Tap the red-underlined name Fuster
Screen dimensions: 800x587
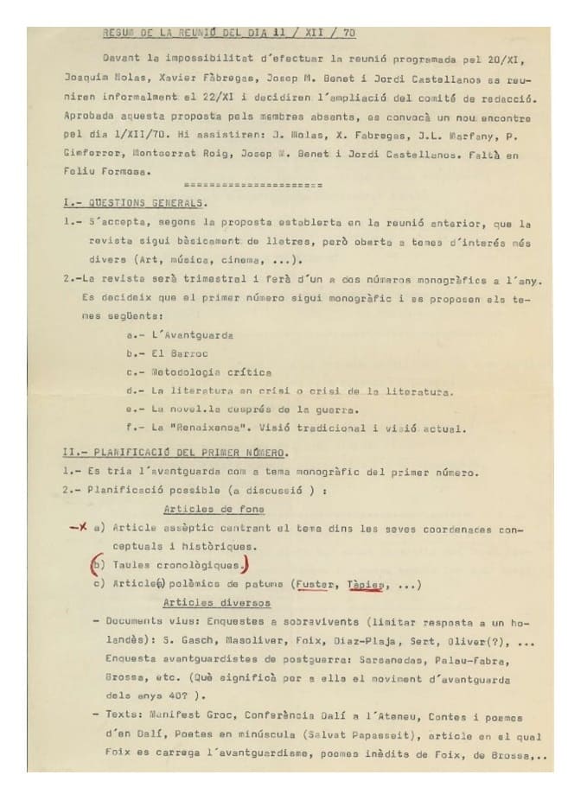(x=314, y=584)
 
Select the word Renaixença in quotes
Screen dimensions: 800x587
(x=195, y=428)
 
